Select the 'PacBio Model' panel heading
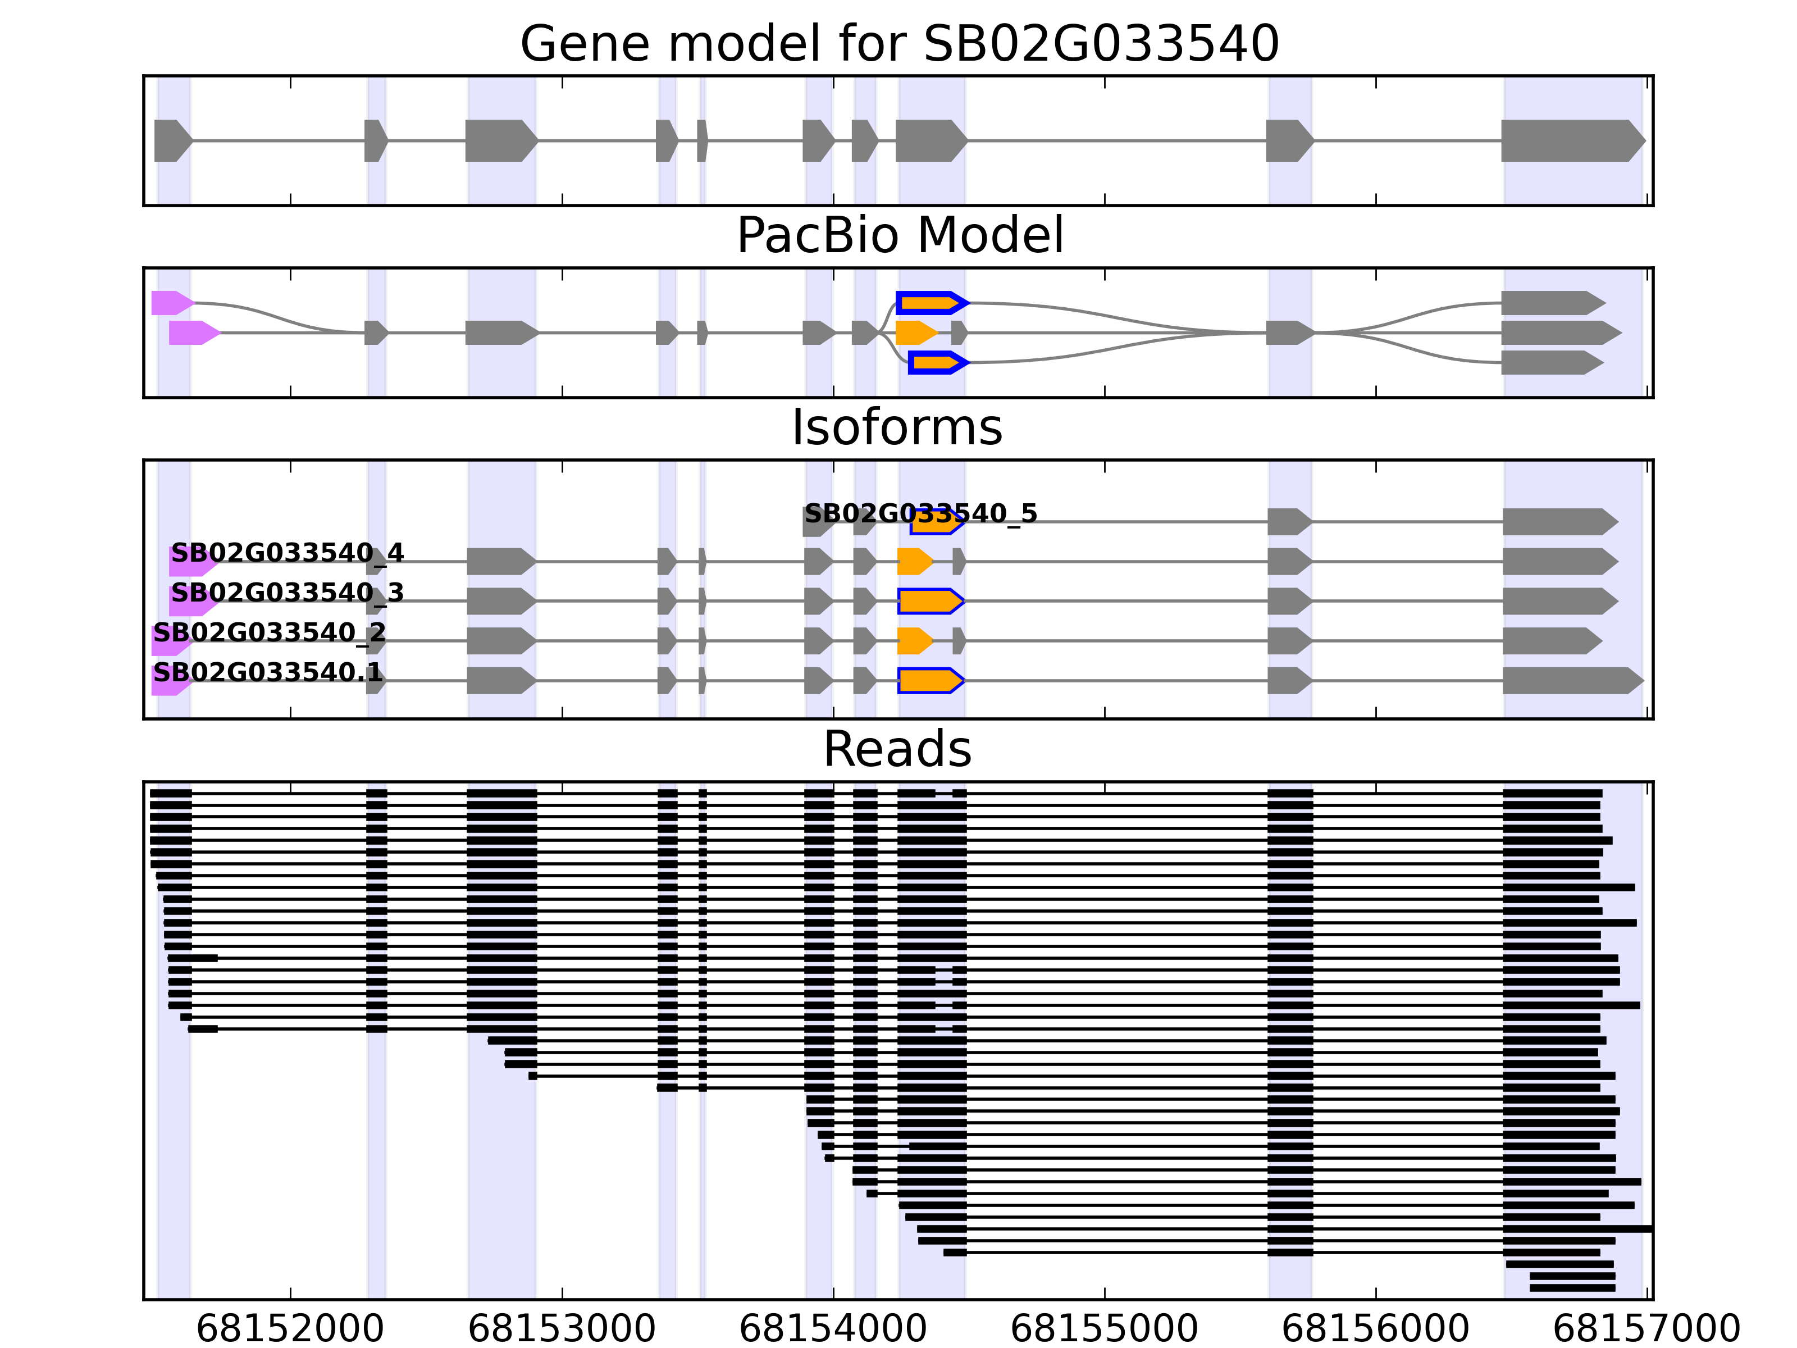898,236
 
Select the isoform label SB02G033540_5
920,513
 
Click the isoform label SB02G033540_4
287,553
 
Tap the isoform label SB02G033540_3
287,593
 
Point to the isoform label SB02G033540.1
267,672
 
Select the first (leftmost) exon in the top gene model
171,140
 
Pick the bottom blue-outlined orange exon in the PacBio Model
937,362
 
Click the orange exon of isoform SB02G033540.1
929,681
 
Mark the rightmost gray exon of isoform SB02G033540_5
1558,522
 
